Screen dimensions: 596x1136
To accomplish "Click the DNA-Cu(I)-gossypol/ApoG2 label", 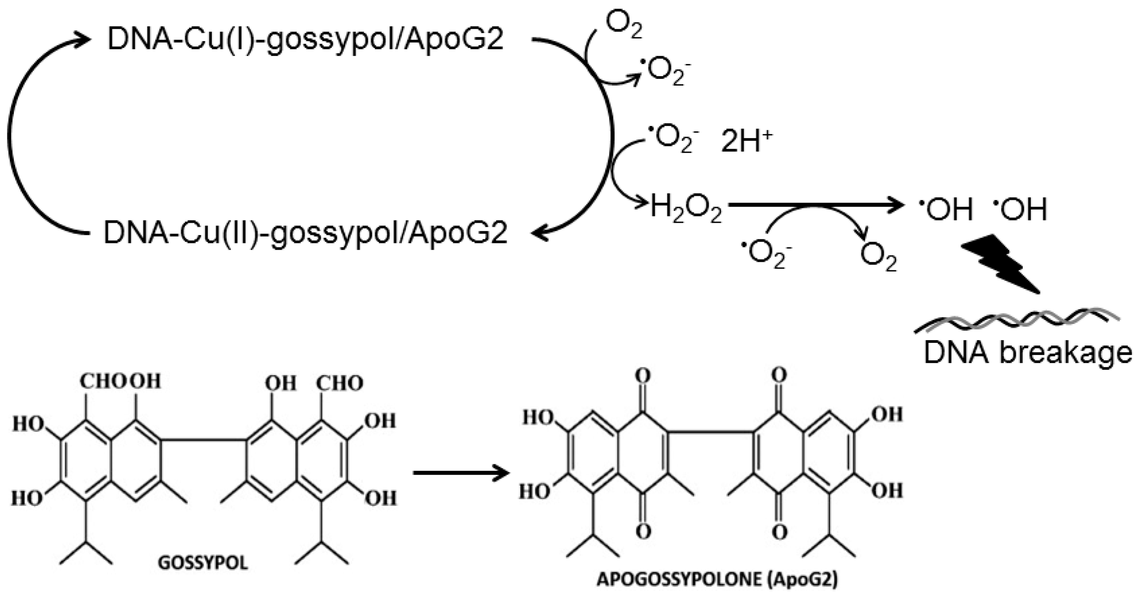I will pos(305,39).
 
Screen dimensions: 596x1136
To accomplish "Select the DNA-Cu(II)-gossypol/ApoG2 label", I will pos(305,233).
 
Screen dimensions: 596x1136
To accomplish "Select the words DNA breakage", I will pos(1027,353).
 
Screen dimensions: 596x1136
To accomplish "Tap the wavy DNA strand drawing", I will pos(1016,320).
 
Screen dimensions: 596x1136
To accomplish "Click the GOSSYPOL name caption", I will pos(203,563).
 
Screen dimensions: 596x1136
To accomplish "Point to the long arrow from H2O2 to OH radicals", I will pos(815,205).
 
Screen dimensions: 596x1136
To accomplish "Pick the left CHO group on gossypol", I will pos(104,382).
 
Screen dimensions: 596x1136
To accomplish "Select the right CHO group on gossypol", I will pos(340,384).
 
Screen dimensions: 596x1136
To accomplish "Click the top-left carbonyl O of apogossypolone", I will pos(643,376).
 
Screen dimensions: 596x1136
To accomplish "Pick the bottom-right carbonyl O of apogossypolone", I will pos(780,532).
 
